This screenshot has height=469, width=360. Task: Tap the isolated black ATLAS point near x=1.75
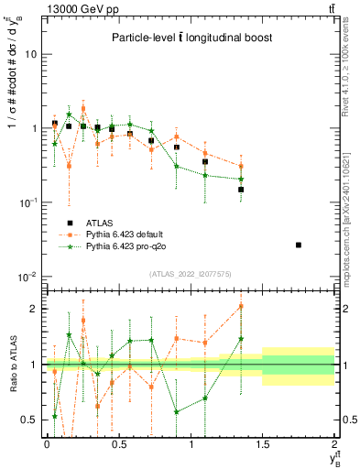(x=300, y=245)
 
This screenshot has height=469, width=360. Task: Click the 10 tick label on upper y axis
(x=31, y=54)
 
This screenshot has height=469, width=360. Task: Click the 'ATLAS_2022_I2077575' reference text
(x=191, y=273)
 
